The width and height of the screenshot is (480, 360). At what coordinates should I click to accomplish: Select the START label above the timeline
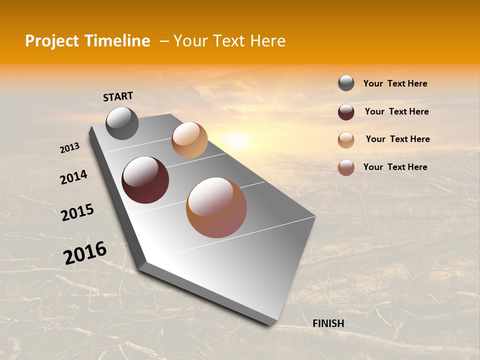point(118,96)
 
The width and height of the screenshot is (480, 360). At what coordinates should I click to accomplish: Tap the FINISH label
point(328,323)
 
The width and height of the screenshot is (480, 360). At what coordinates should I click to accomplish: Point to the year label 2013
point(70,148)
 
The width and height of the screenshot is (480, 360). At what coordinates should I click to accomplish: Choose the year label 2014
point(73,177)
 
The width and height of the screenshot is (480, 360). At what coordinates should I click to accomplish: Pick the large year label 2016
point(85,253)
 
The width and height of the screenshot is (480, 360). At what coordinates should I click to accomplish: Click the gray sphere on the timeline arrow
point(122,123)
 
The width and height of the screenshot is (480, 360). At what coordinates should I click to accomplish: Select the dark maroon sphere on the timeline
point(145,180)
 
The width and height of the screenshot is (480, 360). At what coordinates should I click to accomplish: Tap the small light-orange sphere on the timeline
point(189,140)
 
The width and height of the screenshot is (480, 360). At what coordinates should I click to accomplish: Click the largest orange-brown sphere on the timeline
point(216,207)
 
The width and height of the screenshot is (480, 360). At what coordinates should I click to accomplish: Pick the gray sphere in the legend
point(346,83)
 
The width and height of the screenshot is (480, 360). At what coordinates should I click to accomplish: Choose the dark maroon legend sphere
point(346,112)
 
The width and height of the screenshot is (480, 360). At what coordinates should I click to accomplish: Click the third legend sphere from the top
point(346,140)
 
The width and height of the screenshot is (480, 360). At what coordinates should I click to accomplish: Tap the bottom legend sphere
point(346,167)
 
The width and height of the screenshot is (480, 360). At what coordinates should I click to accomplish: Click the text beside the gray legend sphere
point(395,83)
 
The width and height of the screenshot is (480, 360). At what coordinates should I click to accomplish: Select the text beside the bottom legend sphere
point(395,167)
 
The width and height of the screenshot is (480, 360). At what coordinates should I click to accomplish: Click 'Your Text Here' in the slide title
point(229,41)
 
